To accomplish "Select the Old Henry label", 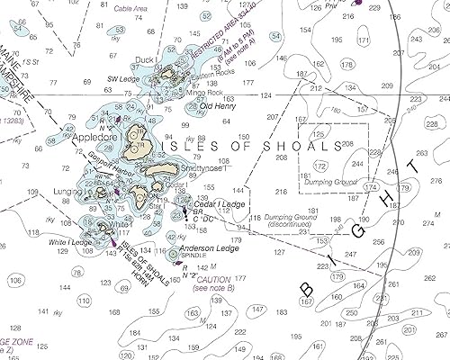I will click(218, 106).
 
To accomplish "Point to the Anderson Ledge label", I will click(209, 248).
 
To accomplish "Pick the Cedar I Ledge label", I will click(219, 205).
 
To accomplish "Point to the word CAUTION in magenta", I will click(214, 280).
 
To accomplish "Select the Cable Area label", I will click(131, 8).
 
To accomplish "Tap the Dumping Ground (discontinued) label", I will click(289, 221).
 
